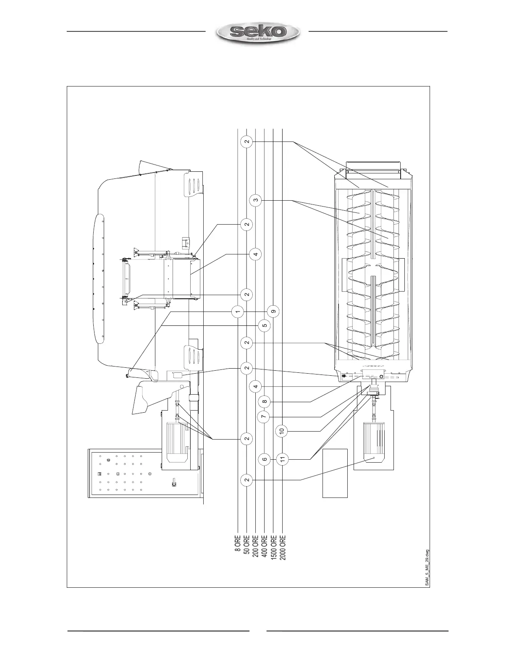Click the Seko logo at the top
(x=257, y=32)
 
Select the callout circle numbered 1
(x=238, y=312)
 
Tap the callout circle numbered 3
(x=256, y=201)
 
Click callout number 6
(x=264, y=459)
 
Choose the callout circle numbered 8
(x=264, y=402)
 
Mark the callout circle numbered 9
(x=273, y=312)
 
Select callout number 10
(x=282, y=430)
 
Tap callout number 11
(x=283, y=459)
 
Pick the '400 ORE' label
(x=264, y=546)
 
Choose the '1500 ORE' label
(x=273, y=548)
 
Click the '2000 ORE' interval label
(x=283, y=548)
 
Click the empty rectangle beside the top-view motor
(x=335, y=473)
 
